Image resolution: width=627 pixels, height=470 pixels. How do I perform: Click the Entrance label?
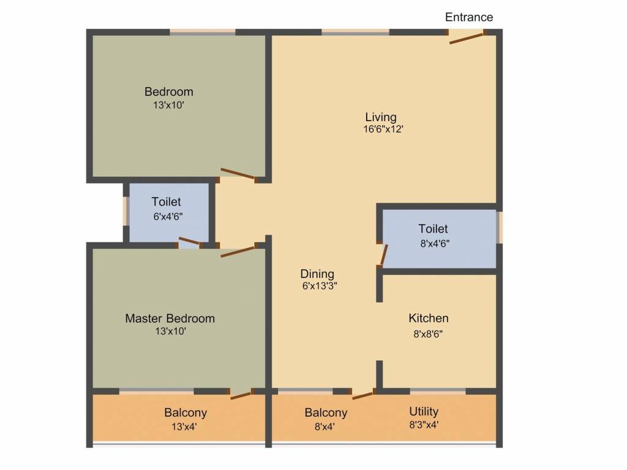coord(468,17)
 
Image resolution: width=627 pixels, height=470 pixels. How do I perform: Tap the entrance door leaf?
coord(466,38)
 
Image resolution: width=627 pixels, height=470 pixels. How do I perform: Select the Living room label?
coord(381,117)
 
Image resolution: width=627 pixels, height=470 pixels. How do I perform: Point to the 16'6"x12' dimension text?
coord(383,129)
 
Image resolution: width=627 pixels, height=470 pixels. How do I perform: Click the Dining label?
coord(317,274)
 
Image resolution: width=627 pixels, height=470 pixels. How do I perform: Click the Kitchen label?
coord(429,318)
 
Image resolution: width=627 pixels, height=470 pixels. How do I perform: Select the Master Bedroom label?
coord(170,318)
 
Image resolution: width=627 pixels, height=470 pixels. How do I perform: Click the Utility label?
coord(424,411)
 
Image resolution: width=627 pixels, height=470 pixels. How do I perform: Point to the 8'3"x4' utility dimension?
coord(424,424)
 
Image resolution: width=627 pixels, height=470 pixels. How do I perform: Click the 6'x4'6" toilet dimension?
coord(167,216)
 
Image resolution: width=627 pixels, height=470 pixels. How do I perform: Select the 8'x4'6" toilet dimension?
coord(434,243)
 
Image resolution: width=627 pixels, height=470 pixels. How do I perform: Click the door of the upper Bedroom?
coord(238,174)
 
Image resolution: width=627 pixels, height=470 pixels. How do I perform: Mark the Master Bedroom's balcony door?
coord(241,395)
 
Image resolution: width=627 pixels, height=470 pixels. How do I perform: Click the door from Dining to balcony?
coord(362,395)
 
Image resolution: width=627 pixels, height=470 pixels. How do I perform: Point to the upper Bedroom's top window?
coord(203,32)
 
